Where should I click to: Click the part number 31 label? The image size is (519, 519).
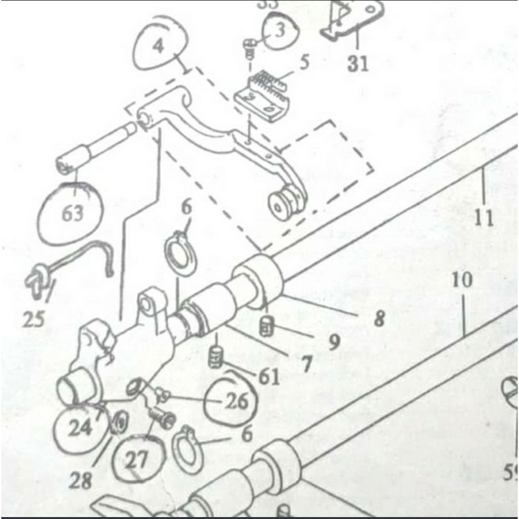click(x=357, y=63)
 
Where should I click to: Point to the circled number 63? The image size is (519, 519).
click(x=73, y=213)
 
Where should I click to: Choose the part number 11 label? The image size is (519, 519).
click(x=483, y=217)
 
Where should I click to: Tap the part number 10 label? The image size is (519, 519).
click(x=463, y=281)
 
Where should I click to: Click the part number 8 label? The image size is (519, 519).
click(x=379, y=318)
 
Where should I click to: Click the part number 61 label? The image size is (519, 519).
click(x=267, y=376)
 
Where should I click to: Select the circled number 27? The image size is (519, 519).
click(x=137, y=461)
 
